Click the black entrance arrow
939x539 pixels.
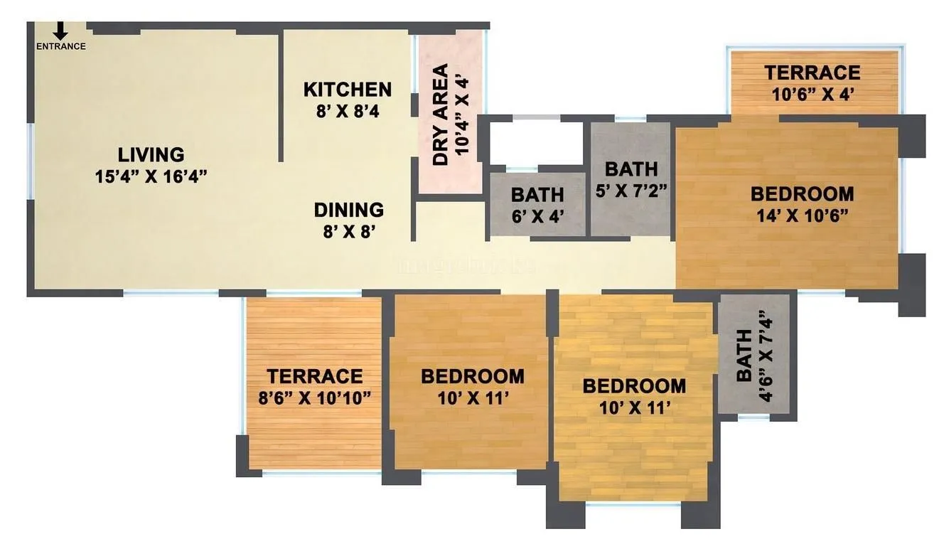pyautogui.click(x=60, y=30)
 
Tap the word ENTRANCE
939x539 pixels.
pyautogui.click(x=61, y=47)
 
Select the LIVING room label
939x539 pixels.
pyautogui.click(x=151, y=154)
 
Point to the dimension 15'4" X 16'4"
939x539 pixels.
pyautogui.click(x=151, y=176)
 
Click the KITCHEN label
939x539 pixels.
pyautogui.click(x=347, y=90)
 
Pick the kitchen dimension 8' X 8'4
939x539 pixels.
pyautogui.click(x=347, y=111)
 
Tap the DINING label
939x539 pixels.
pyautogui.click(x=349, y=210)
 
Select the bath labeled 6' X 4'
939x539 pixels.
pyautogui.click(x=537, y=205)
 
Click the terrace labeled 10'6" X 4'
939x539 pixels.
pyautogui.click(x=812, y=82)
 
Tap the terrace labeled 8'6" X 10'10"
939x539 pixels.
pyautogui.click(x=314, y=386)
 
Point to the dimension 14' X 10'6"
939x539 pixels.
pyautogui.click(x=802, y=215)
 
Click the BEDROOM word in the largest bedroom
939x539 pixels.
pyautogui.click(x=802, y=193)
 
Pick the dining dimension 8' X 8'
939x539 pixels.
pyautogui.click(x=349, y=232)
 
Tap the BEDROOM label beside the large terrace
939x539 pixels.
pyautogui.click(x=472, y=376)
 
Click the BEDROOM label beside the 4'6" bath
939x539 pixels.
pyautogui.click(x=634, y=386)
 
